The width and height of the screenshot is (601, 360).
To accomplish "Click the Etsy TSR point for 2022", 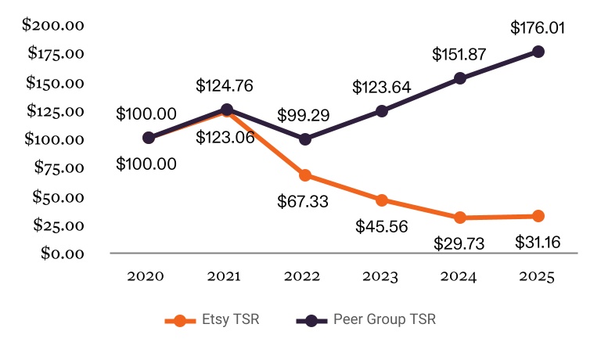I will pos(304,175).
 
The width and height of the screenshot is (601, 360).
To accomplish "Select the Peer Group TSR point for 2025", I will pos(538,52).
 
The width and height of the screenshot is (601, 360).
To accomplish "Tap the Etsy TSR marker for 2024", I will pos(460,218).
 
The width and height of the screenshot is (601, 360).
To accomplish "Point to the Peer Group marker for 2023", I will pos(382,111).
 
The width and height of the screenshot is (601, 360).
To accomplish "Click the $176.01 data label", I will pos(538,28).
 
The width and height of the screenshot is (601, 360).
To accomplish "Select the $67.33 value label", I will pos(303,201).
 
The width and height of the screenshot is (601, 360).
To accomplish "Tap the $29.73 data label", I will pos(459,243).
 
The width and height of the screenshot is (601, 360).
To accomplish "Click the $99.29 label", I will pos(304,115).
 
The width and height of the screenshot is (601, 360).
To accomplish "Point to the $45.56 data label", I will pos(381,226).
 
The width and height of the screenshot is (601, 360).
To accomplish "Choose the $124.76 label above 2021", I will pos(225,85).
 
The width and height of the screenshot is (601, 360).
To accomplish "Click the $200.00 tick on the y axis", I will pos(52,25).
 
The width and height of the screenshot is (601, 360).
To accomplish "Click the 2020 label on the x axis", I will pos(146,276).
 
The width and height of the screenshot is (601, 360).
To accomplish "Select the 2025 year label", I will pos(538,276).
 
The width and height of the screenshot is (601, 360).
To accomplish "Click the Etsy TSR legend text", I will pos(226,319).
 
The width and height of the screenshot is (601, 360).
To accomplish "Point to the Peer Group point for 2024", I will pos(460,78).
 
